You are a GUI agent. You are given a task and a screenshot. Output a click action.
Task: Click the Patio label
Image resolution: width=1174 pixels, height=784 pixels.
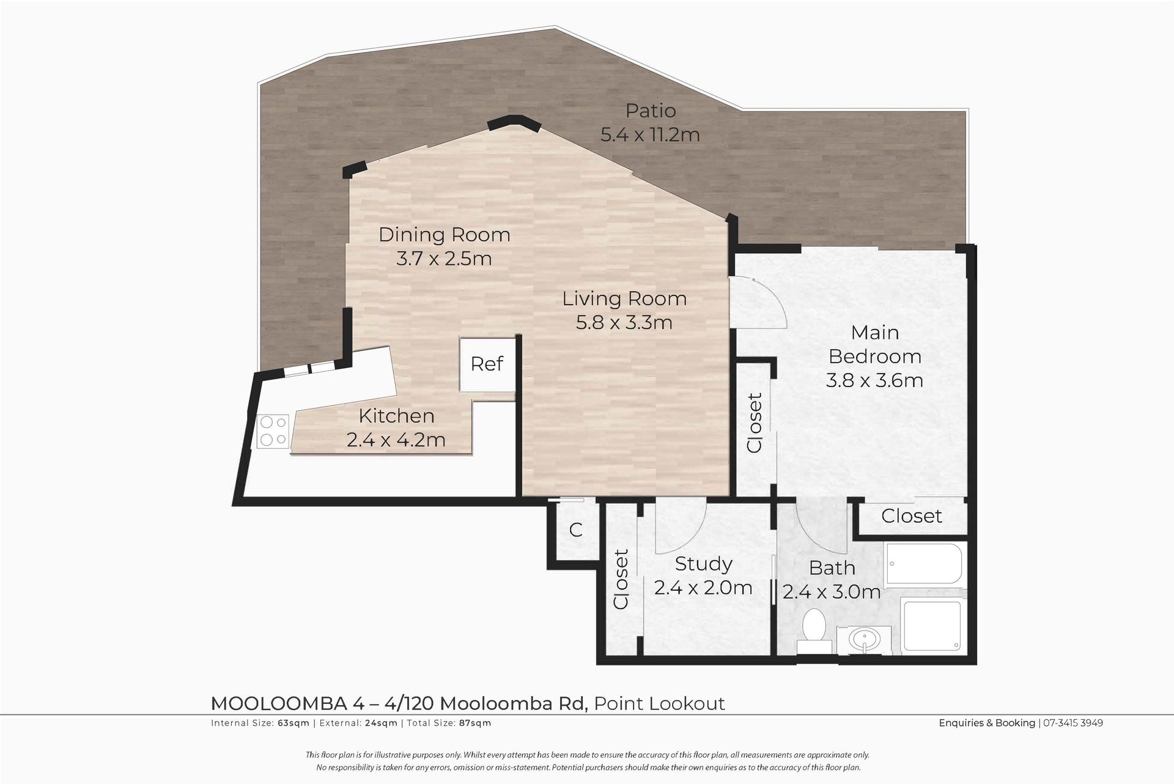[x=651, y=111]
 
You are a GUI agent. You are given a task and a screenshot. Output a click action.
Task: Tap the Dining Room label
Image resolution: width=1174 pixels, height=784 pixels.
[x=445, y=235]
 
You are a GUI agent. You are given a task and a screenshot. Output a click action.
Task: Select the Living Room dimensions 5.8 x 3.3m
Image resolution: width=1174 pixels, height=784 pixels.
[x=624, y=322]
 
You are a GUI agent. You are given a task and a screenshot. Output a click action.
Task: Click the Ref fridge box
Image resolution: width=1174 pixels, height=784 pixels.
[x=487, y=364]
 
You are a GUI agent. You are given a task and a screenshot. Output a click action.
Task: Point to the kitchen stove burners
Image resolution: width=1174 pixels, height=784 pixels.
[x=273, y=431]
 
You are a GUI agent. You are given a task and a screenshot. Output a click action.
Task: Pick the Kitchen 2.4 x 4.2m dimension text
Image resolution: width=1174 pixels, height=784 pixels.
[x=396, y=440]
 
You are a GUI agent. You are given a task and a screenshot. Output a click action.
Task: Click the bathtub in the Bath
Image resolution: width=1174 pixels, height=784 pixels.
[x=924, y=566]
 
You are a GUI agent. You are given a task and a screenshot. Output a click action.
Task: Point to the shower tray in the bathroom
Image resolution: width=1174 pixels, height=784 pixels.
[x=931, y=628]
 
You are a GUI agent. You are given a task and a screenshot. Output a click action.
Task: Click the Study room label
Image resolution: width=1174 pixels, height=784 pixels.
[x=703, y=563]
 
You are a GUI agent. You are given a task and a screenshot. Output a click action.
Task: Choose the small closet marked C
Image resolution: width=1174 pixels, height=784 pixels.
[x=575, y=530]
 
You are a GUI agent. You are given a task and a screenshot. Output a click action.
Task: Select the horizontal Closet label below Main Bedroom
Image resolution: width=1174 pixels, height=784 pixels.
[x=912, y=516]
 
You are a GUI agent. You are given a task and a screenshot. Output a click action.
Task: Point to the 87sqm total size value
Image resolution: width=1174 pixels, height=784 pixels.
[x=475, y=723]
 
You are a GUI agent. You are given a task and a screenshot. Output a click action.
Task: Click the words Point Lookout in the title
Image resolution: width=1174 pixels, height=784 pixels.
[x=659, y=704]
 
